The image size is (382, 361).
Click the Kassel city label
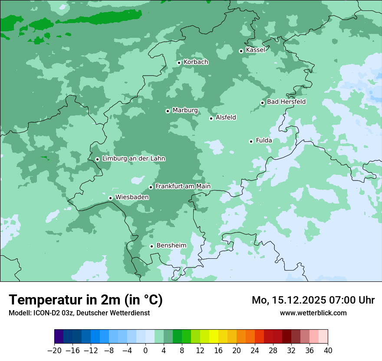coord(255,50)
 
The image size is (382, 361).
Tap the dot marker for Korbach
coord(179,63)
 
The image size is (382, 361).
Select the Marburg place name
coord(185,110)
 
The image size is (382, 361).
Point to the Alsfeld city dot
coord(211,118)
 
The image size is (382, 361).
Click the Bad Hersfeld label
coord(286,102)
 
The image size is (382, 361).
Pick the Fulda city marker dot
coord(251,141)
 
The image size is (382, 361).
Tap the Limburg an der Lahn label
coord(133,159)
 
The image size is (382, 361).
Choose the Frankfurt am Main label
coord(183,186)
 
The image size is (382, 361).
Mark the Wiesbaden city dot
coord(110,198)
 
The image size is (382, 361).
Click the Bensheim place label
coord(171,245)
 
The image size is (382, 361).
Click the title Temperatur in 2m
coord(86,300)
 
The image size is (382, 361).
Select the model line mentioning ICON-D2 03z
coord(79,313)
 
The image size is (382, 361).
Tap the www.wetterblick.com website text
coord(313,313)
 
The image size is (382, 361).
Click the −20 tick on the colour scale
coord(54,351)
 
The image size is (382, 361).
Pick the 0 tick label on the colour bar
coord(145,351)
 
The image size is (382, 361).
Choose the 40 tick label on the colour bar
coord(328,351)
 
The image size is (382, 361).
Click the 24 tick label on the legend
coord(255,351)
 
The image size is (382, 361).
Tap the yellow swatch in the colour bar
coord(214,337)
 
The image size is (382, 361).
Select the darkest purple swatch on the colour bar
coord(59,337)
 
